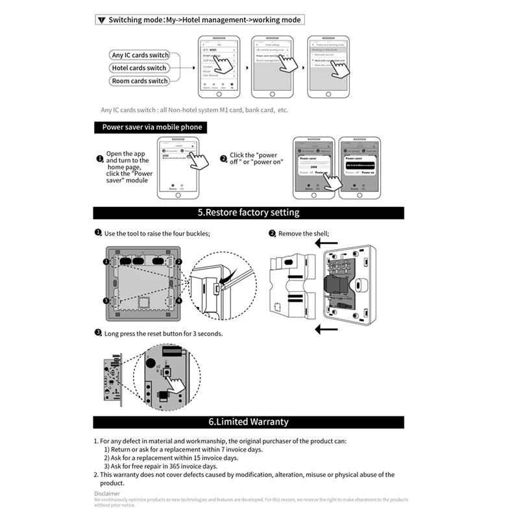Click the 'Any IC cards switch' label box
pos(140,55)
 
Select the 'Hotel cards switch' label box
pos(139,68)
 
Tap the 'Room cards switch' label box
pos(139,81)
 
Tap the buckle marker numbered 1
pos(105,261)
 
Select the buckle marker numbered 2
pos(178,261)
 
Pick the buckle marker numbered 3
pos(105,300)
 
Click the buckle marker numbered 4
pos(178,300)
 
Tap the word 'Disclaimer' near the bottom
pos(107,494)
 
